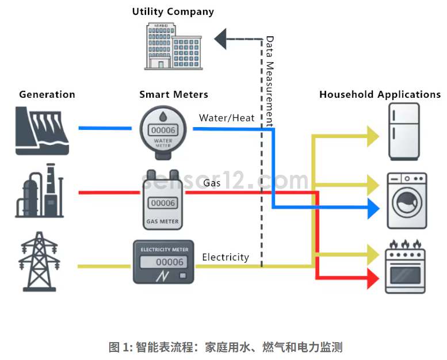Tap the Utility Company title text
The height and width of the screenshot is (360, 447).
tap(173, 12)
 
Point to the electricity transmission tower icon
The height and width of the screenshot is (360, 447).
tap(40, 262)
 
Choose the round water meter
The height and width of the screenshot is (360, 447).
tap(163, 132)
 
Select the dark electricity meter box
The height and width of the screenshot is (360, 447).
tap(163, 262)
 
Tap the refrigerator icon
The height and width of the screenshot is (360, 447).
tap(404, 132)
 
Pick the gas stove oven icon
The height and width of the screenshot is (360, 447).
tap(406, 267)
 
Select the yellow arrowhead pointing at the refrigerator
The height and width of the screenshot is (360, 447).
tap(373, 136)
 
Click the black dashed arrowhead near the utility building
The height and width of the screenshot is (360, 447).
tap(221, 39)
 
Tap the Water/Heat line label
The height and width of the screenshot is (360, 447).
tap(227, 118)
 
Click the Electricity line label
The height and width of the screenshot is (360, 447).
tap(226, 257)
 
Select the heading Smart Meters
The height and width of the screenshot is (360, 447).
tap(174, 94)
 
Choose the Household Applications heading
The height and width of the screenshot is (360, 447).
tap(380, 94)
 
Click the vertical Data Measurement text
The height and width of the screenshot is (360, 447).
tap(269, 81)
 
